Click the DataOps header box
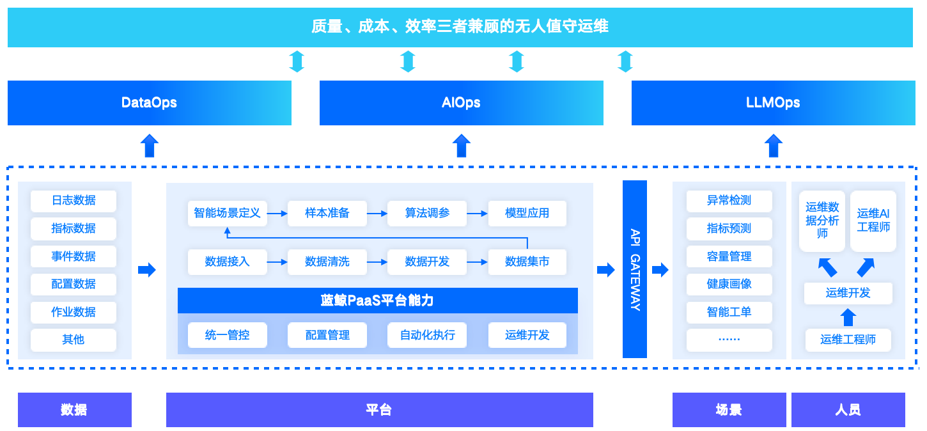click(x=149, y=103)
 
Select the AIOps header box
click(x=461, y=103)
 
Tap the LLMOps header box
click(x=772, y=103)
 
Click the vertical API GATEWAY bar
click(x=635, y=269)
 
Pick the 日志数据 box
click(x=74, y=201)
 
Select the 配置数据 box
click(x=74, y=284)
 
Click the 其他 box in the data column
click(x=74, y=340)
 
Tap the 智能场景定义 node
click(x=228, y=213)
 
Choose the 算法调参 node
click(x=427, y=213)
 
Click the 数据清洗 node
click(x=327, y=262)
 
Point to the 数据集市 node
click(x=527, y=262)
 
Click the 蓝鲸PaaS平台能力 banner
click(x=377, y=301)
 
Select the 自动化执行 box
click(x=427, y=335)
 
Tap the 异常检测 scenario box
click(x=729, y=201)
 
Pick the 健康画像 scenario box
click(x=729, y=284)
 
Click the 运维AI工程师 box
click(x=873, y=221)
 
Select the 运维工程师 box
click(x=848, y=340)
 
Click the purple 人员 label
click(x=848, y=410)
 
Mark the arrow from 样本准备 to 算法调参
click(x=377, y=213)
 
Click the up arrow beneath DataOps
click(x=149, y=145)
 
